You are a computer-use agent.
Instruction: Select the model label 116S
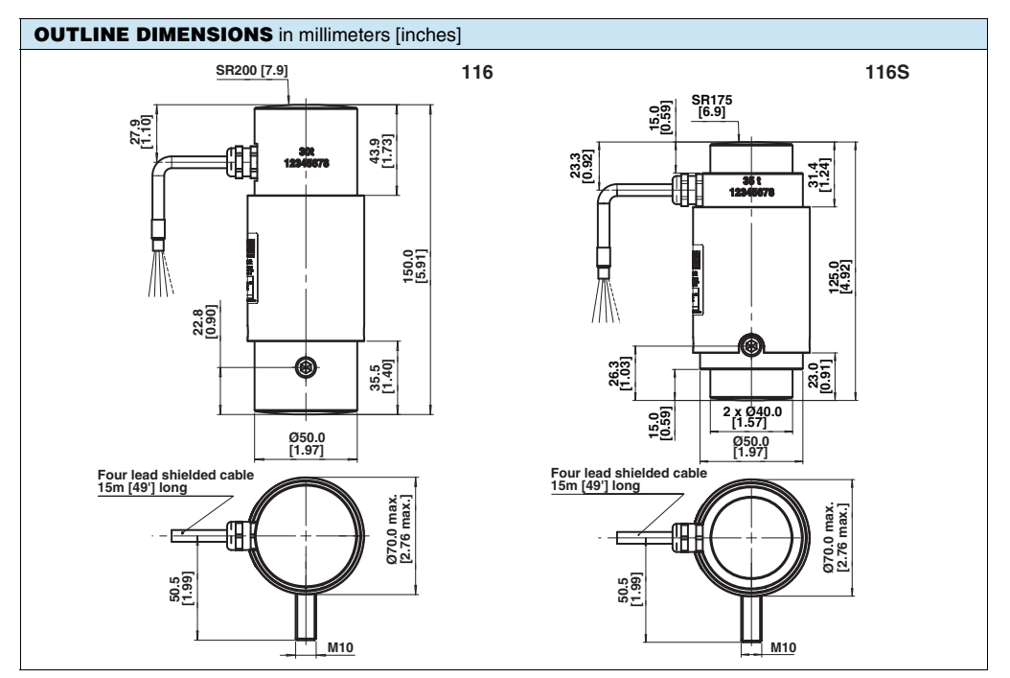[x=905, y=73]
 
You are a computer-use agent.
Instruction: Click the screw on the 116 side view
[x=307, y=366]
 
